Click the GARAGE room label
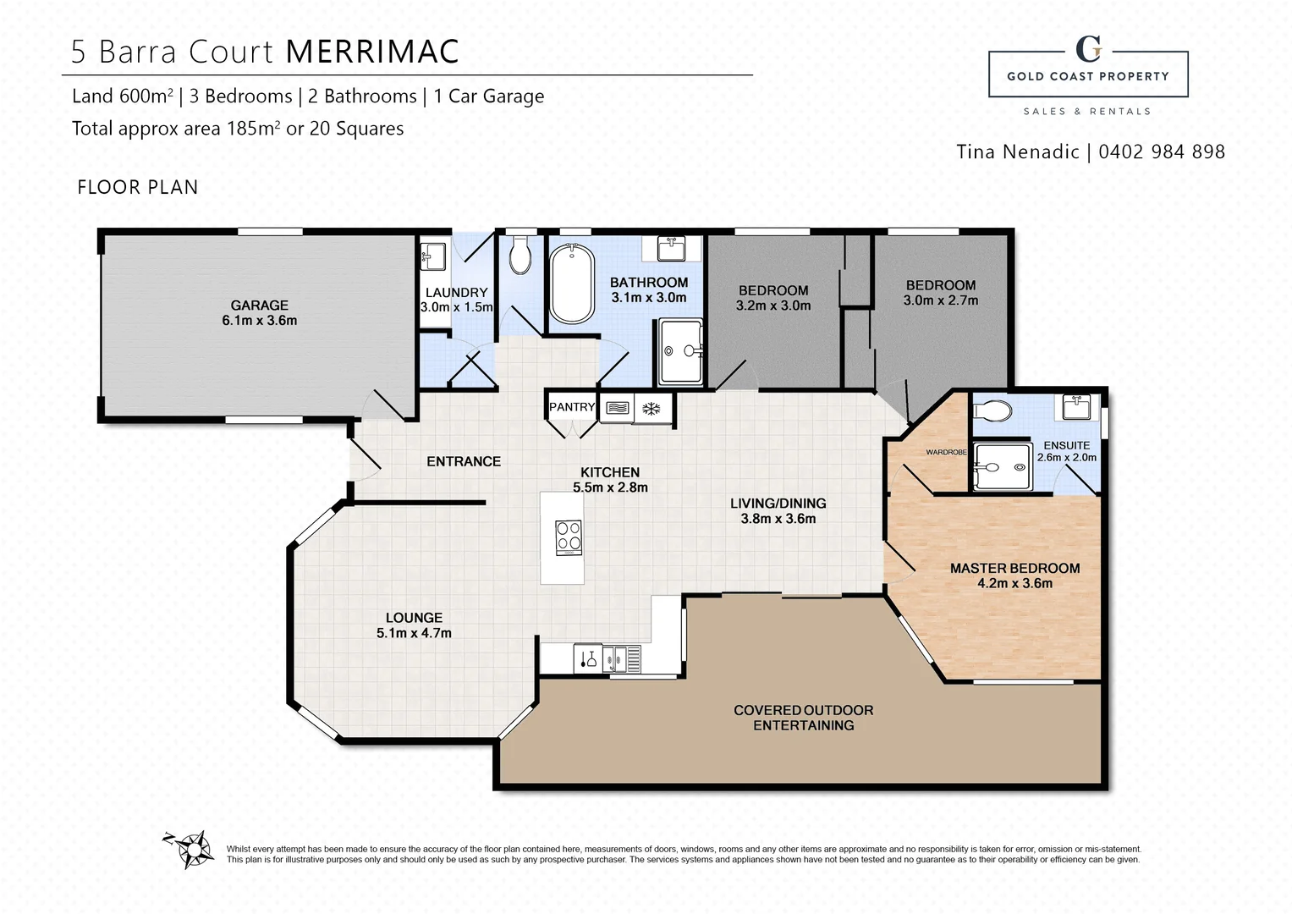(259, 306)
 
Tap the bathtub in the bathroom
(571, 284)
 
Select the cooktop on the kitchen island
(569, 537)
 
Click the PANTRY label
(572, 407)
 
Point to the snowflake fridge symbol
(651, 409)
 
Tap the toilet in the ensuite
(992, 411)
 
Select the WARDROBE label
(946, 452)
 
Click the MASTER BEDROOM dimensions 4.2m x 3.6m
(1014, 583)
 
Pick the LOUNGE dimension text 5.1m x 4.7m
(414, 633)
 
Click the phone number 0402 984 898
(1161, 152)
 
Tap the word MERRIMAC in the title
(372, 52)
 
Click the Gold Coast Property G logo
(1088, 49)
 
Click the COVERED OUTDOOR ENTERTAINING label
(803, 718)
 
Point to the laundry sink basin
(434, 255)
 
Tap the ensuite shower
(1003, 466)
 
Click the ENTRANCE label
(464, 461)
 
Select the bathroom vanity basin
(672, 249)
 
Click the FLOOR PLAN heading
(137, 187)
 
